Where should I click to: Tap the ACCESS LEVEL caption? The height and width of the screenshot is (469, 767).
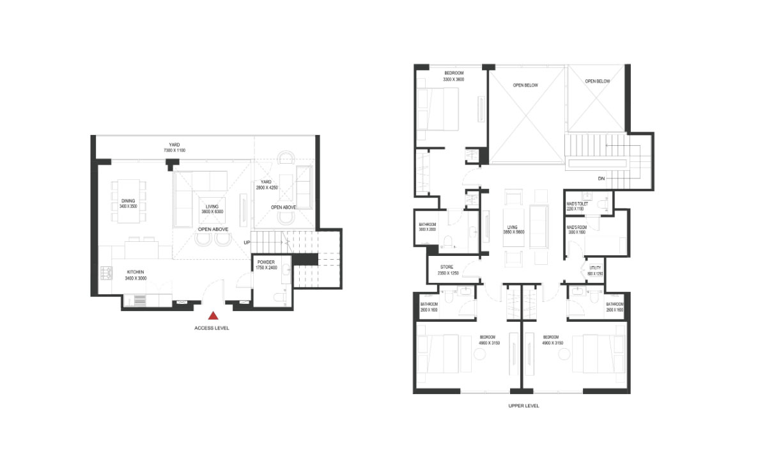212,328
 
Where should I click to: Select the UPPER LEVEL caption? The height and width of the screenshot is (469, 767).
523,406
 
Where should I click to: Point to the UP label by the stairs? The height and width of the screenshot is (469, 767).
246,242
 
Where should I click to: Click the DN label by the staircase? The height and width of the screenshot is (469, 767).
601,179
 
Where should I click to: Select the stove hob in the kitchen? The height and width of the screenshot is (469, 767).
106,274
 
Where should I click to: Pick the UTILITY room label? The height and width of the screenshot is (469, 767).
595,271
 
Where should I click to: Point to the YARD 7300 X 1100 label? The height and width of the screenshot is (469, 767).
173,147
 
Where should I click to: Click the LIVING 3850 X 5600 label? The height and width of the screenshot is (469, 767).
512,228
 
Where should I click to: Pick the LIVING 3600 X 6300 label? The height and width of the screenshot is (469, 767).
210,209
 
